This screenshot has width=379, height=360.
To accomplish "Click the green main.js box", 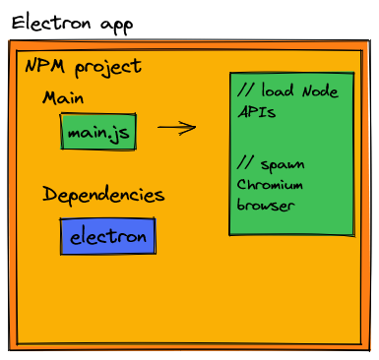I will (98, 132).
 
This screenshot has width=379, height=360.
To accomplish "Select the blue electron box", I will (107, 236).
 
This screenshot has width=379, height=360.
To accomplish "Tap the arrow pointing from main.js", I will (175, 127).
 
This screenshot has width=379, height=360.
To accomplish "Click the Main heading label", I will (63, 99).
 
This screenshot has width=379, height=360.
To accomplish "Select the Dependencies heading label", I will (102, 194).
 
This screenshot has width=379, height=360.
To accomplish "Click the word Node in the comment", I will (317, 91).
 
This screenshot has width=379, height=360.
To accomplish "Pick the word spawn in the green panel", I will (284, 163).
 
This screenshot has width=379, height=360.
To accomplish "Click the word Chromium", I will (270, 184).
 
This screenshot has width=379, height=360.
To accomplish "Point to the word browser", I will (265, 206).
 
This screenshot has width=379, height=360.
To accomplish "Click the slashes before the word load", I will (246, 91).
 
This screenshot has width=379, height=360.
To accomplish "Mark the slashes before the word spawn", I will (246, 163).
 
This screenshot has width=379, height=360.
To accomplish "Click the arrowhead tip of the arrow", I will (195, 127).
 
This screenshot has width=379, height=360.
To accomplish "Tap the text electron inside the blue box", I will (107, 237).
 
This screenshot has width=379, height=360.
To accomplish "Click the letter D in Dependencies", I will (49, 194).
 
